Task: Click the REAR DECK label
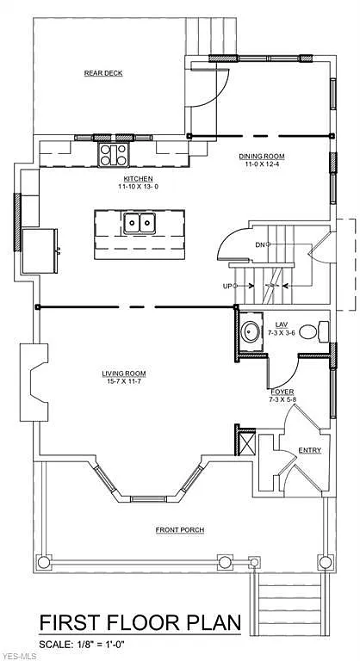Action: coord(103,73)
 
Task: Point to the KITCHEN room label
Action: coord(136,178)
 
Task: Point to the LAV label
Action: coord(282,324)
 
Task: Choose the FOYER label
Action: coord(282,392)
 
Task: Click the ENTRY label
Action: coord(309,450)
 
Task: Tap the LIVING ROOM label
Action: coord(124,373)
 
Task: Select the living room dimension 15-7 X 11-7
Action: coord(124,380)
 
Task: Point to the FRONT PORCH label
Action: coord(179,529)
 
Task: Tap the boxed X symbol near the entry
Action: coord(246,445)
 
